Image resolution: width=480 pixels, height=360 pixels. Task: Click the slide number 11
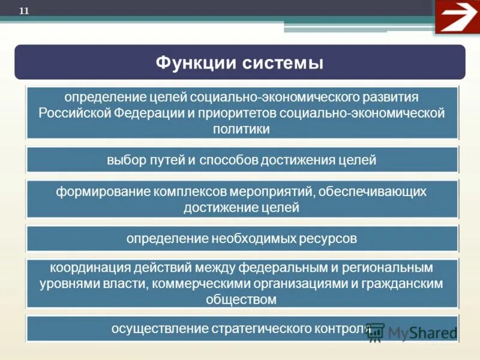pos(25,10)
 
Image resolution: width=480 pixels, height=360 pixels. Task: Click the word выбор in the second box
pos(123,160)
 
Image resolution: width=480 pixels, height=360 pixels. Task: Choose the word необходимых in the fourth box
pos(254,239)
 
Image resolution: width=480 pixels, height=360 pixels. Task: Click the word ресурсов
pos(329,239)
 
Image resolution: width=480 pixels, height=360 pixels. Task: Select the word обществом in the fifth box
pos(241,299)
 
